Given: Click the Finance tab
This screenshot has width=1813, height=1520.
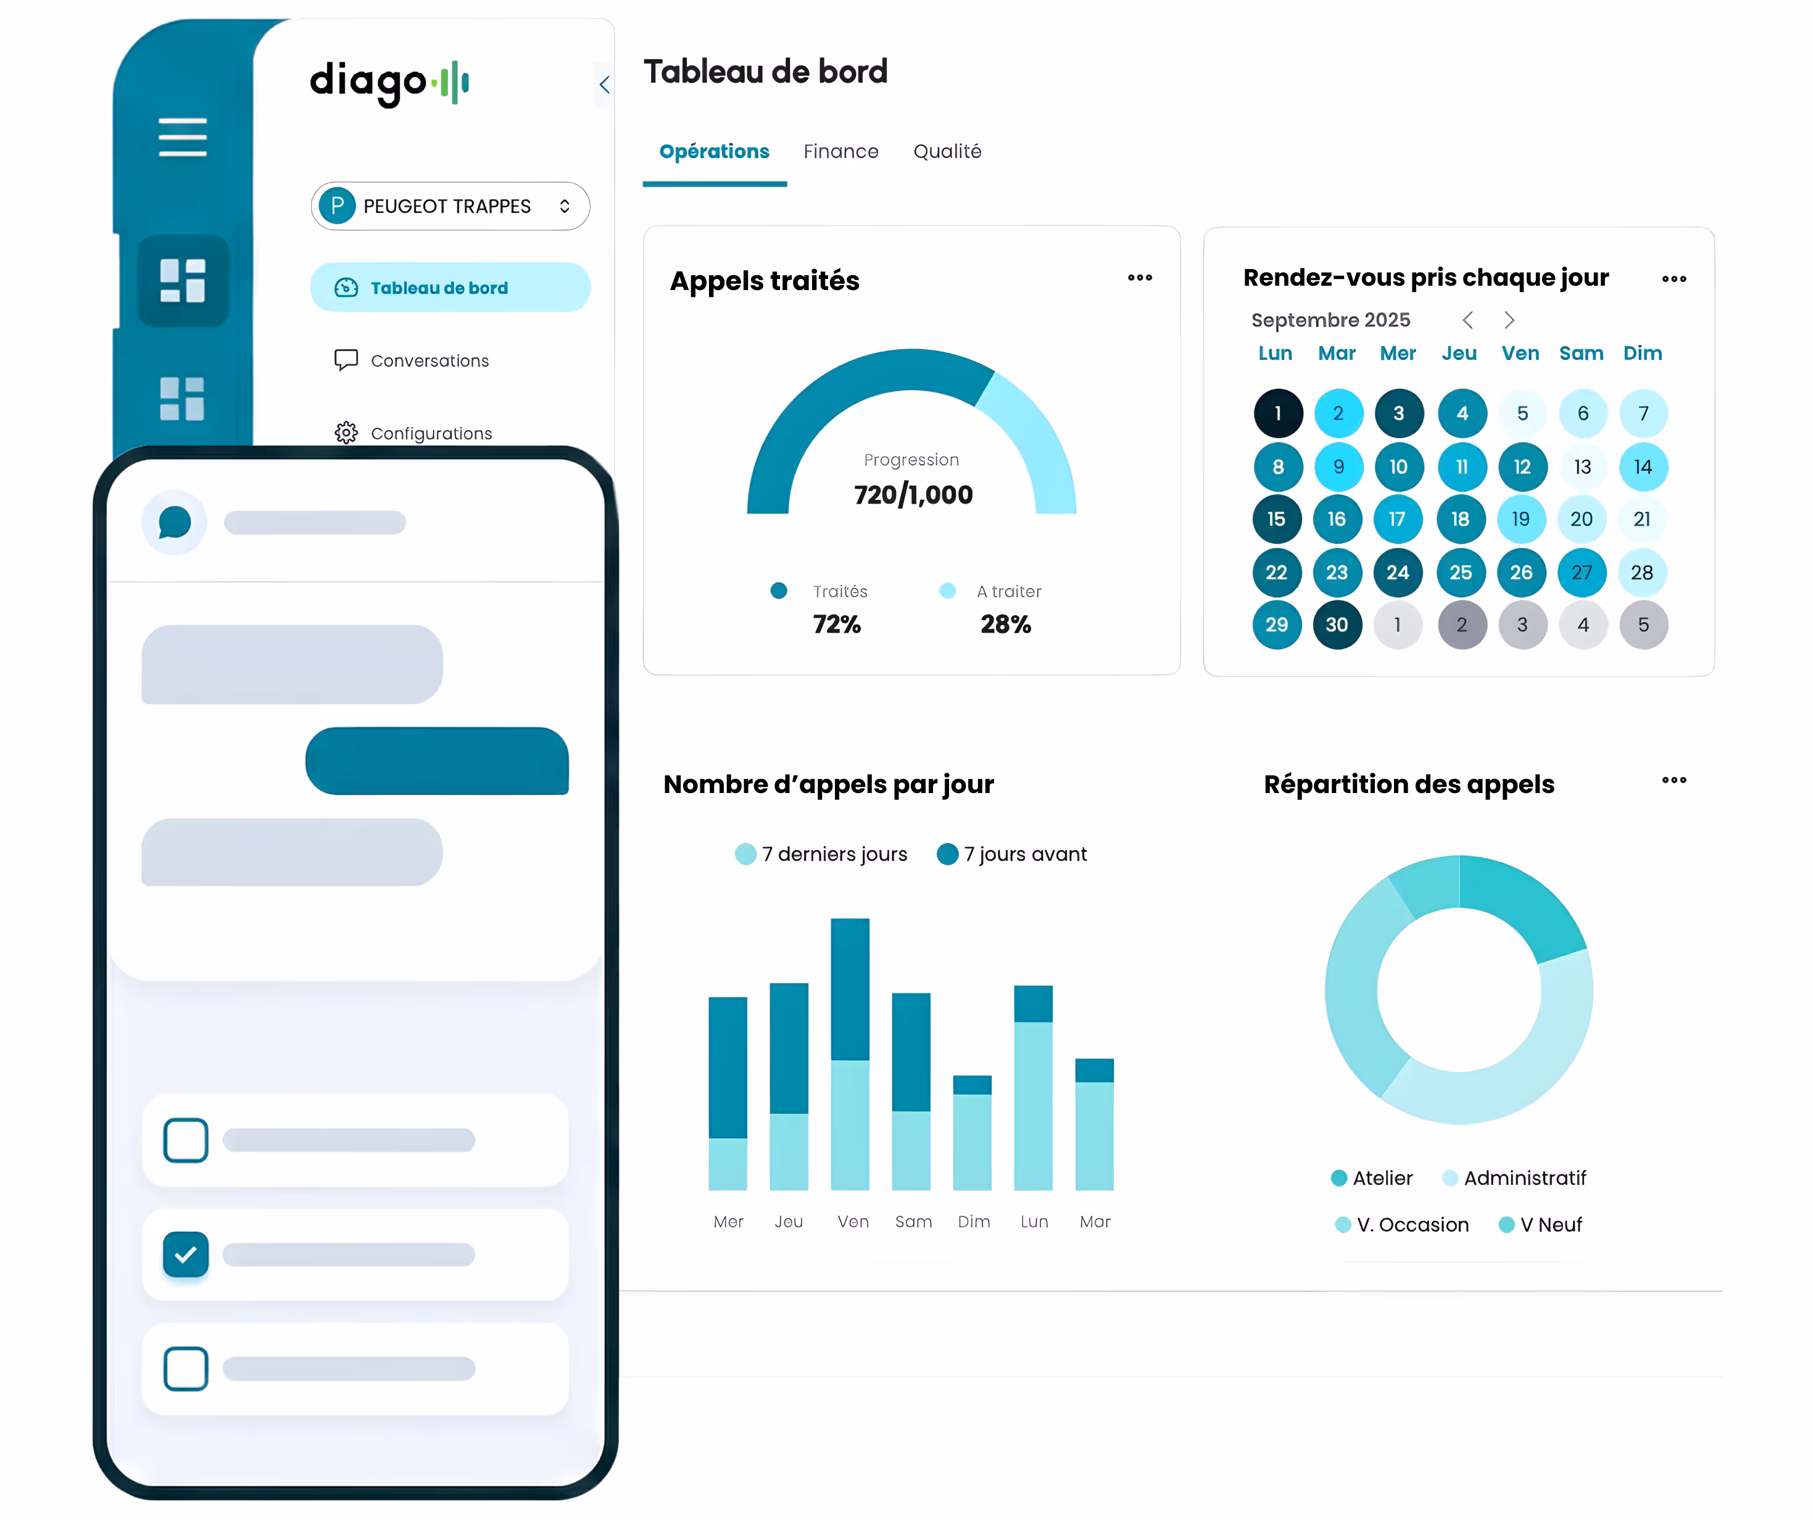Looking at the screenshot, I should [x=840, y=152].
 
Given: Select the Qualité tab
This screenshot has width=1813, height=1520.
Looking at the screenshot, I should [x=947, y=152].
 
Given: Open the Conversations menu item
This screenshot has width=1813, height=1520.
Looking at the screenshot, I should [x=429, y=361].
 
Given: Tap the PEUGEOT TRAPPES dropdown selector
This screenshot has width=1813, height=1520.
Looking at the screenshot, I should [x=450, y=206].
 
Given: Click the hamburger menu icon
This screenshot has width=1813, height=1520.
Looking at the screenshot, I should [x=182, y=138].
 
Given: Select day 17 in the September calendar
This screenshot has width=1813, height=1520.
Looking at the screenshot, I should [x=1397, y=520].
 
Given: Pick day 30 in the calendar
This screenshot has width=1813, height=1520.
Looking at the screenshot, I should [x=1337, y=625].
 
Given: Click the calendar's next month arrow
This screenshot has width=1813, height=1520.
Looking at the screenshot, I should [x=1509, y=320].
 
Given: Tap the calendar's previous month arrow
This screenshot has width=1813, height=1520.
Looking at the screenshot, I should [x=1467, y=320].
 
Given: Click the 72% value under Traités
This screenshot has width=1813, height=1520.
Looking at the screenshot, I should [x=837, y=625].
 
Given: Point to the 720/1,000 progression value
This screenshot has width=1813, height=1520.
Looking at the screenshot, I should [x=913, y=495].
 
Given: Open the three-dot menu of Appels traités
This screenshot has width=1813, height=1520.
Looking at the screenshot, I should [x=1140, y=278].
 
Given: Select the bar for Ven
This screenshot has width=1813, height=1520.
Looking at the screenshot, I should [x=850, y=1053].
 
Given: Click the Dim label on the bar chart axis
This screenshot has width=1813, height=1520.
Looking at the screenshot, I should [x=974, y=1222].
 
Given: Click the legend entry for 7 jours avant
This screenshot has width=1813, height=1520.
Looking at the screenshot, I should [x=1012, y=855].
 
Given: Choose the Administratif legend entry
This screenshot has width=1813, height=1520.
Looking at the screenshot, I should [x=1514, y=1179].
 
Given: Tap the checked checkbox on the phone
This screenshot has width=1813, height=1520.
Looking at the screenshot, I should [x=186, y=1255].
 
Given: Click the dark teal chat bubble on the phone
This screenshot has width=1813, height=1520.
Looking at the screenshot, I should [x=437, y=762].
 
